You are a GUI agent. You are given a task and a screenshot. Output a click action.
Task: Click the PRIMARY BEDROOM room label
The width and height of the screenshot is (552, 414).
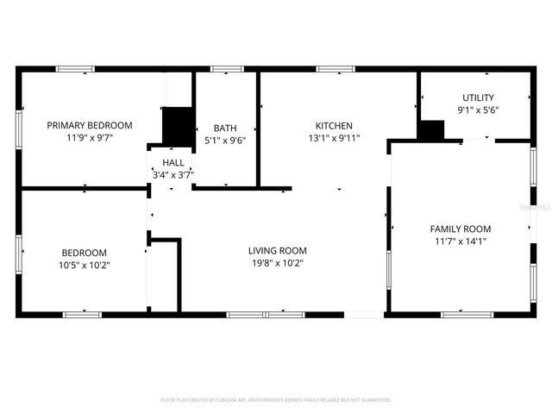pyautogui.click(x=90, y=125)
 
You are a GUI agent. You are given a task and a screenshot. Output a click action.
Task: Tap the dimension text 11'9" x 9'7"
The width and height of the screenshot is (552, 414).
pyautogui.click(x=90, y=137)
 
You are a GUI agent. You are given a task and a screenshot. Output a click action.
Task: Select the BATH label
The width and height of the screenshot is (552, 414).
pyautogui.click(x=225, y=128)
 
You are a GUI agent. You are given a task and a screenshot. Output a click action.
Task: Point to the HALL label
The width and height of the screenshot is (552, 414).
pyautogui.click(x=172, y=162)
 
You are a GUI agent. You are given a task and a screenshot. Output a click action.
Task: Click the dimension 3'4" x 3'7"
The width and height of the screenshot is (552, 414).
pyautogui.click(x=172, y=174)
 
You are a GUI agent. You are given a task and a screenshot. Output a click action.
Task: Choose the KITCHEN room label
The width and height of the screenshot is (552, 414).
pyautogui.click(x=334, y=125)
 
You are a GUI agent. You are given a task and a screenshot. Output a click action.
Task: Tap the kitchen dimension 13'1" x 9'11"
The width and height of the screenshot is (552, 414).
pyautogui.click(x=334, y=137)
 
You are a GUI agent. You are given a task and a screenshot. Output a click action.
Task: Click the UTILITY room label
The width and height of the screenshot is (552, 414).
pyautogui.click(x=478, y=97)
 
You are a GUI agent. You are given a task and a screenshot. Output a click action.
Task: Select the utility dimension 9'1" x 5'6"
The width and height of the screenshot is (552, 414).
pyautogui.click(x=478, y=110)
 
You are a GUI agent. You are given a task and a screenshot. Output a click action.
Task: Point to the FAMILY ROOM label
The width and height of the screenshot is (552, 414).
pyautogui.click(x=461, y=229)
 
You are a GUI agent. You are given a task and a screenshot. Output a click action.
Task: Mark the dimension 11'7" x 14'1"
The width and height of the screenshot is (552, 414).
pyautogui.click(x=461, y=241)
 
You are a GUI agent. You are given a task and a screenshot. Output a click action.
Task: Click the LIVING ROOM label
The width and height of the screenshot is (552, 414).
pyautogui.click(x=277, y=251)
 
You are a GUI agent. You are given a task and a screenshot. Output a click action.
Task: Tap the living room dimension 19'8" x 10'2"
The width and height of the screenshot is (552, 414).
pyautogui.click(x=277, y=263)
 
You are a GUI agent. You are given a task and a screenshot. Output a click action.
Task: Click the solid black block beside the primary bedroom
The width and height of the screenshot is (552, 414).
pyautogui.click(x=179, y=126)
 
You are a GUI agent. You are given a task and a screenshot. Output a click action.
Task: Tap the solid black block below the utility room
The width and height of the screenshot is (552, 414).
pyautogui.click(x=431, y=130)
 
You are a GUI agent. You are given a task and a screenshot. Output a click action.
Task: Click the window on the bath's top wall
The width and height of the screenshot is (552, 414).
pyautogui.click(x=226, y=69)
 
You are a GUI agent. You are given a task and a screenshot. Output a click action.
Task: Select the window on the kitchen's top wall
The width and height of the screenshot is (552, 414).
pyautogui.click(x=336, y=69)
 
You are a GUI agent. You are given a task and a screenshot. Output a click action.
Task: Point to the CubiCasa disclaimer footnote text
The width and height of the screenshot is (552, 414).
pyautogui.click(x=276, y=400)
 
